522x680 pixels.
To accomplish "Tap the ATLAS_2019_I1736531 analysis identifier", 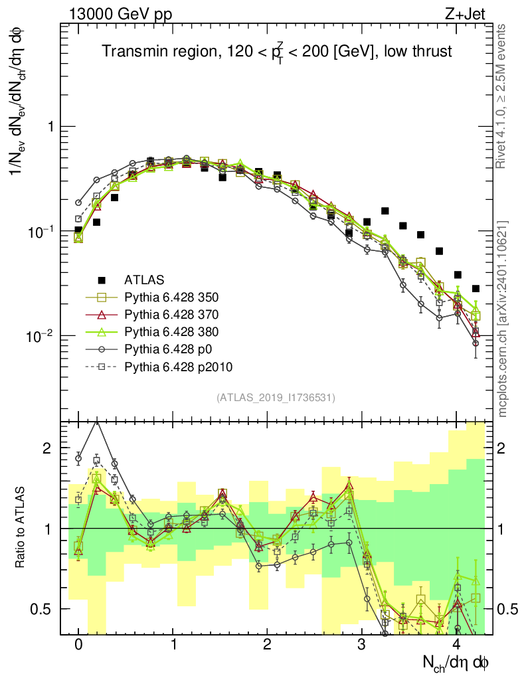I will (x=276, y=398).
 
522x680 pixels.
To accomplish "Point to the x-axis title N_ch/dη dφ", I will (x=456, y=661).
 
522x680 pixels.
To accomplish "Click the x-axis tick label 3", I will (x=361, y=645).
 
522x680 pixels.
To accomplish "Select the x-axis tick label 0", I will (x=78, y=645).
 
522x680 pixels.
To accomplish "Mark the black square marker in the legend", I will (x=102, y=280).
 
